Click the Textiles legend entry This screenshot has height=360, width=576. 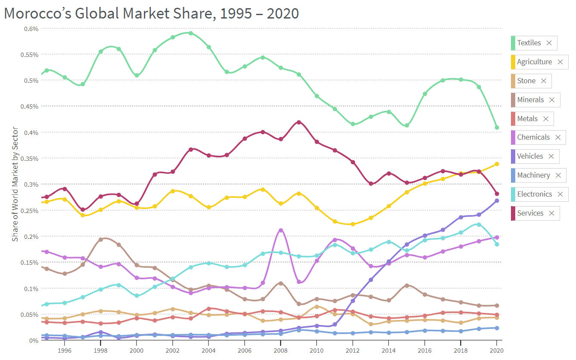coord(529,43)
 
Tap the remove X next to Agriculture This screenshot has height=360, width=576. coord(560,62)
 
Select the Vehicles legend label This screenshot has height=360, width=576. coord(530,156)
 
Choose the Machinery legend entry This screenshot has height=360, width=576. coord(533,175)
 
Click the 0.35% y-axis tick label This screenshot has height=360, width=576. coord(31,158)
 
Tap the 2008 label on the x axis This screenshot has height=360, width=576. coord(281,351)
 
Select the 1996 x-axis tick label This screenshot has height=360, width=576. coord(65,351)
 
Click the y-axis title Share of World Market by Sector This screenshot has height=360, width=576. coord(15,184)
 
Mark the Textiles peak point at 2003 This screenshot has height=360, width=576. coord(190,33)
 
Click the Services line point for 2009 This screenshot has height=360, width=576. coord(299,122)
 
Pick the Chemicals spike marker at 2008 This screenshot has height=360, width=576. coord(281,230)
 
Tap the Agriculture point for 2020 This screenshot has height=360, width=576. coord(497,164)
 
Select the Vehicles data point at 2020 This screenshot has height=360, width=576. coord(497,200)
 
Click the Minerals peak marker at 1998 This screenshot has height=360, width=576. coord(101,239)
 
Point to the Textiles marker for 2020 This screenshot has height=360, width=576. coord(497,128)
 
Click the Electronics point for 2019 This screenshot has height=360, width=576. coord(479,225)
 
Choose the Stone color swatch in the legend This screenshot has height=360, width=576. coord(513,81)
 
